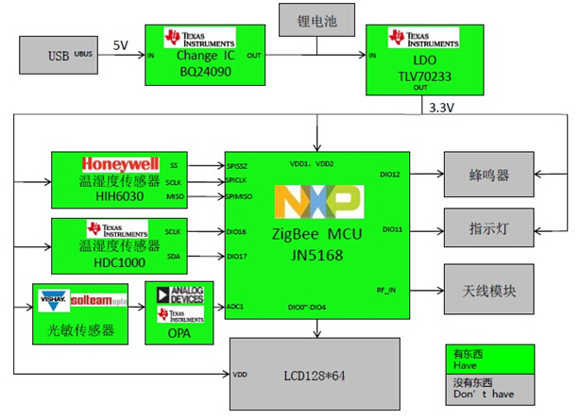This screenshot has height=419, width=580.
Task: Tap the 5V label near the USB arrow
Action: pos(120,44)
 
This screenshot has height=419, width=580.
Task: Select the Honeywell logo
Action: pos(120,162)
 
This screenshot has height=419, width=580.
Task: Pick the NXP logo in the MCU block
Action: pos(317,201)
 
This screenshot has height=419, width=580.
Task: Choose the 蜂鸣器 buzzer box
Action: pos(490,176)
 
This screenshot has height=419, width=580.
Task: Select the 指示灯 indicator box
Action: pos(490,228)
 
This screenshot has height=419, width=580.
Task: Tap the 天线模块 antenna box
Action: pos(490,292)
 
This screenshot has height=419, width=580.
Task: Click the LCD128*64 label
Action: pos(318,376)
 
